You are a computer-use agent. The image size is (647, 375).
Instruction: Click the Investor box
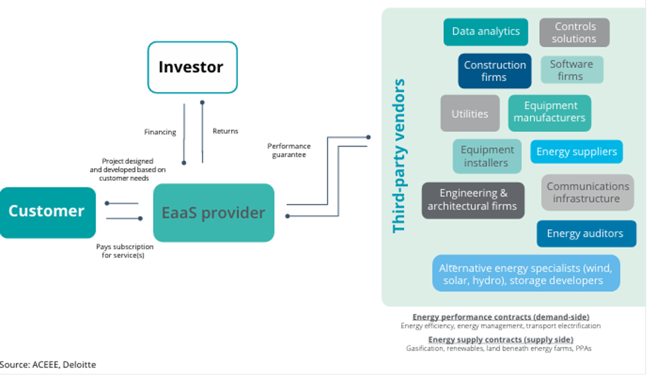[x=192, y=67]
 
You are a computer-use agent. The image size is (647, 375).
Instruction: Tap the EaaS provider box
[x=213, y=213]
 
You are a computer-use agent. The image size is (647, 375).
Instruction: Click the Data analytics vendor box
[x=485, y=32]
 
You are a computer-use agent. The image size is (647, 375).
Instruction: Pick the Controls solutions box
[x=574, y=32]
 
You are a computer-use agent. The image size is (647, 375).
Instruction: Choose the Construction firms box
[x=494, y=71]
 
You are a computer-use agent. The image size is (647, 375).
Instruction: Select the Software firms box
[x=572, y=70]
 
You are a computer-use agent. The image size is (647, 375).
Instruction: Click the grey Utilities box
[x=470, y=113]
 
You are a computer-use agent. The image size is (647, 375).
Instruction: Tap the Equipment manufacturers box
[x=550, y=113]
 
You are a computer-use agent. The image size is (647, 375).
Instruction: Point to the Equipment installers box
[x=487, y=156]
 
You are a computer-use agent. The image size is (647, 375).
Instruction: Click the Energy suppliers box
[x=576, y=152]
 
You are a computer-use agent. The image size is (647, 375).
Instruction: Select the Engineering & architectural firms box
[x=473, y=200]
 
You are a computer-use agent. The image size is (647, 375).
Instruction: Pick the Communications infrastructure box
[x=587, y=193]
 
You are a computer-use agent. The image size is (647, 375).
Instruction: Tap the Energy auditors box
[x=585, y=233]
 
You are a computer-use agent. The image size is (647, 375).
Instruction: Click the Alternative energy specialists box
[x=526, y=274]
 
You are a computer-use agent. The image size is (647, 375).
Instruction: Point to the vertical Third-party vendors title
[x=399, y=156]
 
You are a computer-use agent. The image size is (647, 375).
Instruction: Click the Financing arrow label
[x=160, y=132]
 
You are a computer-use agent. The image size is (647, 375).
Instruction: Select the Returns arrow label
[x=225, y=131]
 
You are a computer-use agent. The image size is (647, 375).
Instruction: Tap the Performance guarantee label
[x=289, y=150]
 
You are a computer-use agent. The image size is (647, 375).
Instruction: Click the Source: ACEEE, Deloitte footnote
[x=48, y=364]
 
